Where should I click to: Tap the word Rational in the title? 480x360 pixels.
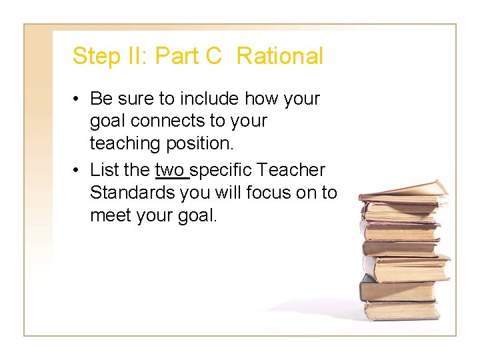[x=279, y=57]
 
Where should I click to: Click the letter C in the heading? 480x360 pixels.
[x=213, y=57]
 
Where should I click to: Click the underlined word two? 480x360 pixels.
[x=171, y=171]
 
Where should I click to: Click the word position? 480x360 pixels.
[x=199, y=143]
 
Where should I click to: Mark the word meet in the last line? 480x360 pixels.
[x=109, y=215]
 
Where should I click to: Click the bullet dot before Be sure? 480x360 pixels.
[x=78, y=99]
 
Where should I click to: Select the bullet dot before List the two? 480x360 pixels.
[x=78, y=171]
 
